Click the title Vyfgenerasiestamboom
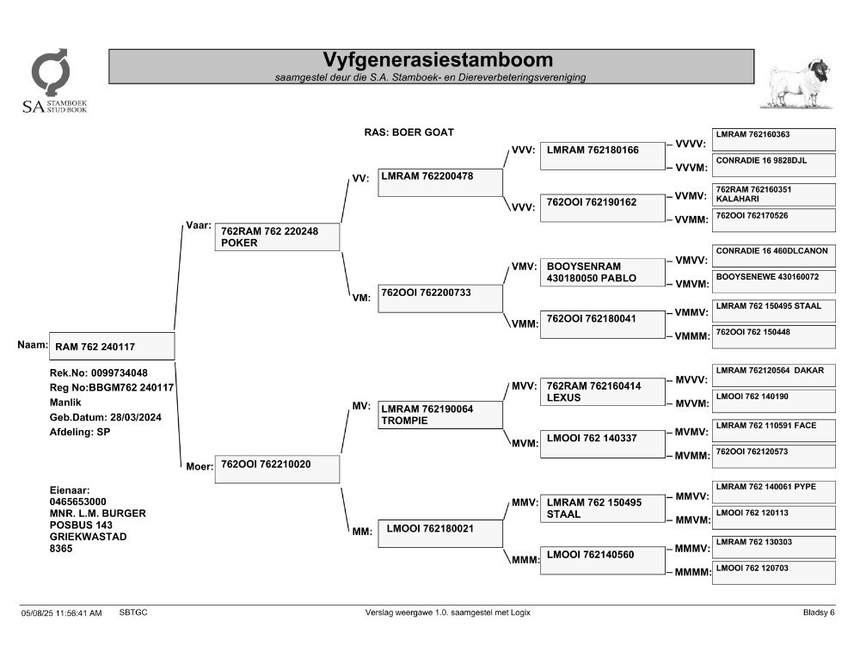437,60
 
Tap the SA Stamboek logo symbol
51,72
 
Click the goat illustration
797,83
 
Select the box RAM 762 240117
112,347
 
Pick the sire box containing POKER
277,237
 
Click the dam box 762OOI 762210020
277,470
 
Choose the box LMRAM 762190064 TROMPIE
439,415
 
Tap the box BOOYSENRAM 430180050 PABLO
602,272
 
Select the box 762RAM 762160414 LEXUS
602,392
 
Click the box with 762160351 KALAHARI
773,194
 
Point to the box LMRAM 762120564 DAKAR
773,375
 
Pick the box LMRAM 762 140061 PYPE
773,492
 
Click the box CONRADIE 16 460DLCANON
773,255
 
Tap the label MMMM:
692,572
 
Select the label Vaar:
199,225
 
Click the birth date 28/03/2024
136,417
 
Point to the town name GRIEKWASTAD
89,537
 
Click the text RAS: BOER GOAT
409,132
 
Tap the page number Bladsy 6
819,612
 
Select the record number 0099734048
119,373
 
